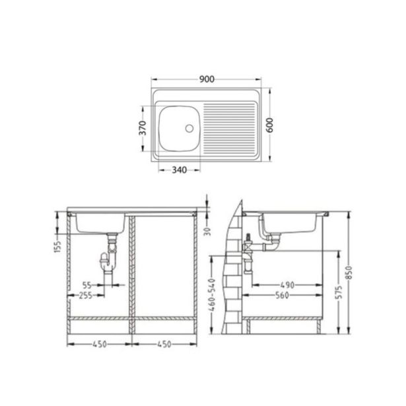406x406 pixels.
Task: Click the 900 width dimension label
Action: coord(207,80)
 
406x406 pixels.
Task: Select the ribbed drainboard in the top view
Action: coord(229,127)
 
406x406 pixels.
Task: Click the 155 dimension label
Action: coord(57,246)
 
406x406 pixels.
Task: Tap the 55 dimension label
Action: coord(87,286)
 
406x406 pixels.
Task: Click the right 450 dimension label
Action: coord(165,344)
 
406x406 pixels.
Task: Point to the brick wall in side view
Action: coord(231,277)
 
